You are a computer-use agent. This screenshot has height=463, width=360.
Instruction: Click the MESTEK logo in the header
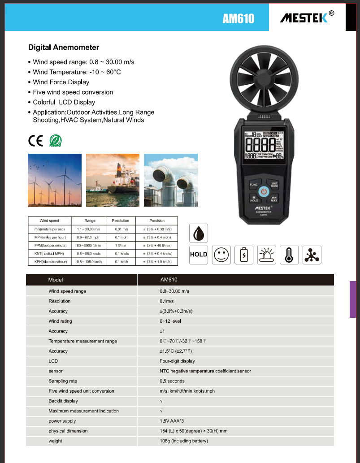307,17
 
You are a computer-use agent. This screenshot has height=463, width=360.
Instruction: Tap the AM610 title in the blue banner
238,18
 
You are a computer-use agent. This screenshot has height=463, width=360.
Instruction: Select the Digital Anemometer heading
64,48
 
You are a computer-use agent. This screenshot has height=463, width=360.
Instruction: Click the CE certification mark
35,140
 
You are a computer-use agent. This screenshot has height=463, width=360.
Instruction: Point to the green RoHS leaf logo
55,140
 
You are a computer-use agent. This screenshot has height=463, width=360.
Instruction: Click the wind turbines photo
55,180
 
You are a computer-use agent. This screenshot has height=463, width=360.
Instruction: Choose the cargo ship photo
113,180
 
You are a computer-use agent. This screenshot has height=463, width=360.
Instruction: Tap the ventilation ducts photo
171,180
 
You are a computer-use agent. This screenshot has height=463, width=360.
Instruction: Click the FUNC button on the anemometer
253,185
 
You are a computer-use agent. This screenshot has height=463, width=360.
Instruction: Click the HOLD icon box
199,255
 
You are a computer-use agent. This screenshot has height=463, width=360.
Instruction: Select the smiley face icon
221,255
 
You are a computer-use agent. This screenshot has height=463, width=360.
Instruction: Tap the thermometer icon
289,255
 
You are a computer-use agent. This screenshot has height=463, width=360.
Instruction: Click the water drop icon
199,233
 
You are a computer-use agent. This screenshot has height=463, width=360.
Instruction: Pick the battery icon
244,255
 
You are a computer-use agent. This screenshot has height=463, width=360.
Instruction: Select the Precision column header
157,221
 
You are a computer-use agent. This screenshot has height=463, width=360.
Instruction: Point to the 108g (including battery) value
184,441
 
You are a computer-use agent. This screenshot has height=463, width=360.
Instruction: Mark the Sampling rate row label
63,381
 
